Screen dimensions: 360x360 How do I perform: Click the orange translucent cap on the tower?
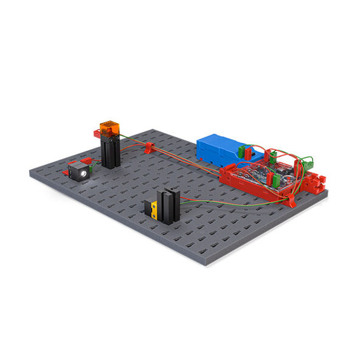pyautogui.click(x=111, y=128)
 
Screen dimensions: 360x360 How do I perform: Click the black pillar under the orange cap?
pyautogui.click(x=111, y=152)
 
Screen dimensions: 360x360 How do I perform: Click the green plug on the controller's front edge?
pyautogui.click(x=277, y=180)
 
